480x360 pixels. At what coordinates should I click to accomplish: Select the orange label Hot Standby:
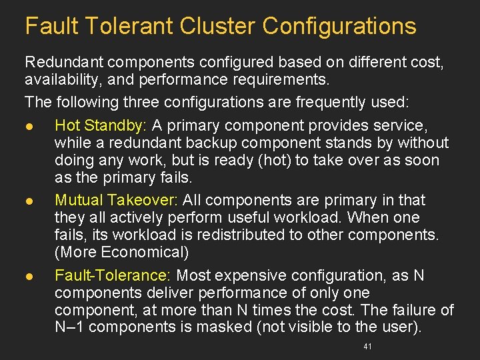pyautogui.click(x=102, y=125)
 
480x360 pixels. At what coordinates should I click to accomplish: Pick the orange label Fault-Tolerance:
pyautogui.click(x=114, y=275)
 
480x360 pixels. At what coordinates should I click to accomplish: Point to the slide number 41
pyautogui.click(x=367, y=347)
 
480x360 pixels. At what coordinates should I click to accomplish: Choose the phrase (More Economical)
pyautogui.click(x=122, y=252)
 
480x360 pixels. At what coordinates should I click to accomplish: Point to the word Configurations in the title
pyautogui.click(x=339, y=26)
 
